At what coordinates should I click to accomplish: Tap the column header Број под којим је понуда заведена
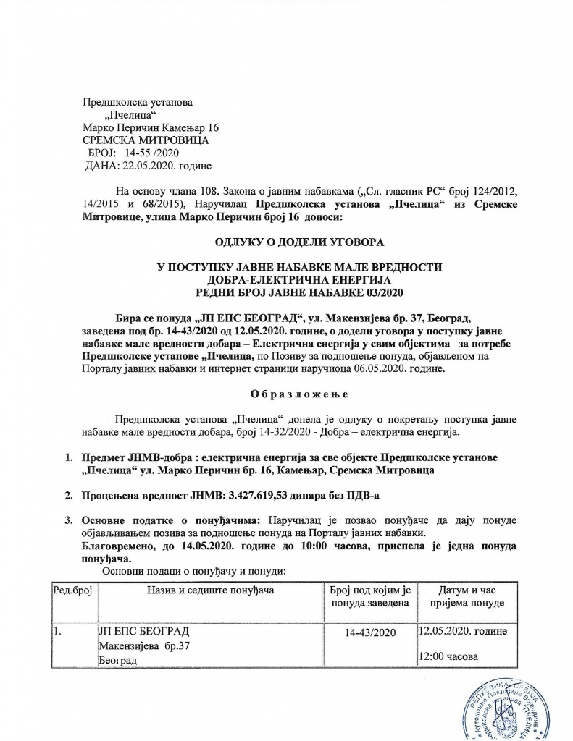pyautogui.click(x=370, y=597)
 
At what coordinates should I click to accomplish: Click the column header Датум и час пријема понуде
pyautogui.click(x=468, y=597)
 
